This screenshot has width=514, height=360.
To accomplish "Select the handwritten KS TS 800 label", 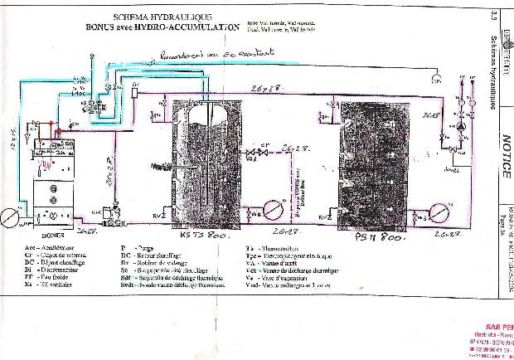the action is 200,236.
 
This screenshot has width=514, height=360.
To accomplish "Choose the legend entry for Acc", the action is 50,247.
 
